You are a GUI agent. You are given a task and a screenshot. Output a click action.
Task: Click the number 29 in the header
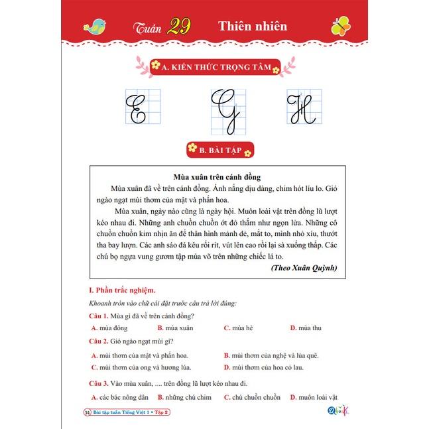178,27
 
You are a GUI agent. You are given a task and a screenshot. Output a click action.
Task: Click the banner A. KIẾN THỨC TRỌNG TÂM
214,66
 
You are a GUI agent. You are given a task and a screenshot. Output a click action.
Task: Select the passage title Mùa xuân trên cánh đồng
216,177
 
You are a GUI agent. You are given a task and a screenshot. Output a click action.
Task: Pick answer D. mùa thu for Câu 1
306,328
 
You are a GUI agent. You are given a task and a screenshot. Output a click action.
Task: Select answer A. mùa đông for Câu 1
109,328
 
